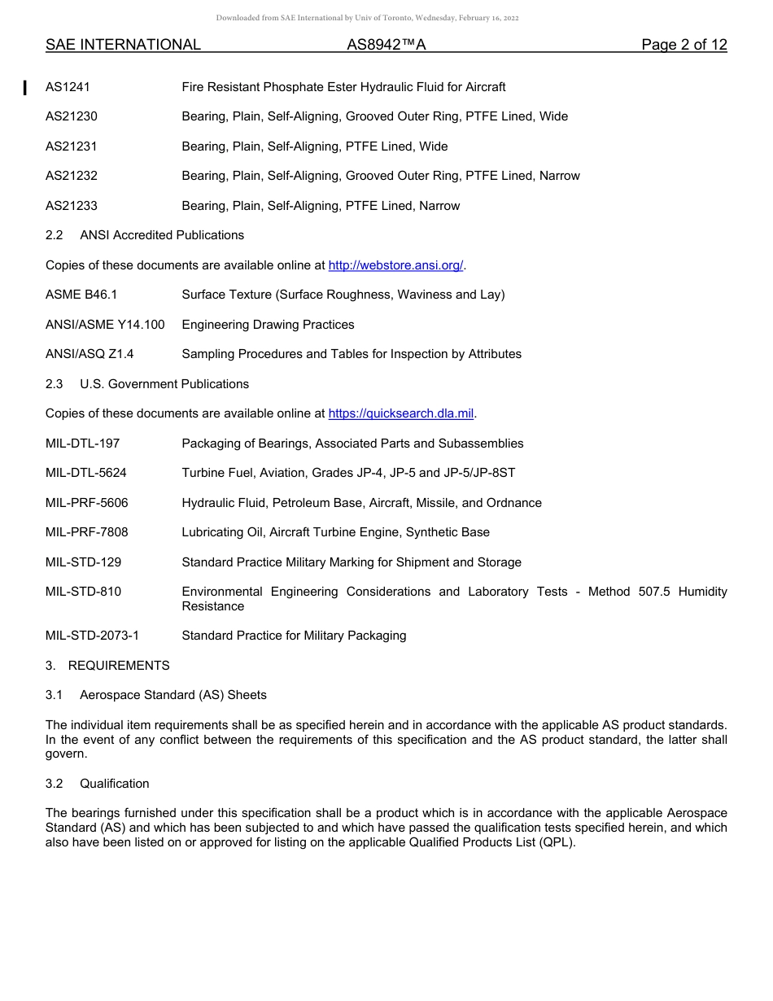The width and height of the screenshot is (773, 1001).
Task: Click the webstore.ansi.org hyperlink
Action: (395, 265)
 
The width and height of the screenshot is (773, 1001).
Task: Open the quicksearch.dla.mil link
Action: (400, 414)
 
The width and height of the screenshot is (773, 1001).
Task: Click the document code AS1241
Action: (68, 87)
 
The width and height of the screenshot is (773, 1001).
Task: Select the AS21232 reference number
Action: (72, 176)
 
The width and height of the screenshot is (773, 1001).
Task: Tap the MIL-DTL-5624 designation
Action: (86, 473)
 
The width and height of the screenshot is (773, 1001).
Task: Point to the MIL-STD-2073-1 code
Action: (92, 636)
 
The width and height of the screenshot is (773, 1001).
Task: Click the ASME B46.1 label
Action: (81, 295)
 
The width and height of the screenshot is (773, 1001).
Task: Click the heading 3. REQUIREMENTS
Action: (107, 666)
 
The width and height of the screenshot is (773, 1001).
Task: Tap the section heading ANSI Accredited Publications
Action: (162, 235)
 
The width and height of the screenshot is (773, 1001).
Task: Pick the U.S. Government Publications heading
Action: (164, 384)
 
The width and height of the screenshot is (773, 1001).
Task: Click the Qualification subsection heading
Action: (115, 784)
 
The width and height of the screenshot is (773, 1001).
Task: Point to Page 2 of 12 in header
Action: (683, 46)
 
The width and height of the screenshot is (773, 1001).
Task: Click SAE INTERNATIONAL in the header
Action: (123, 46)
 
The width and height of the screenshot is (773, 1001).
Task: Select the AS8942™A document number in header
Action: (386, 46)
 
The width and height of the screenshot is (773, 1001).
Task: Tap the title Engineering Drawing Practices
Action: (268, 325)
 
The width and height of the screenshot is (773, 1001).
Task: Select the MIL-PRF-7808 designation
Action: (87, 532)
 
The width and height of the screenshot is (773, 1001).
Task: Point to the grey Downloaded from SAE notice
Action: (367, 18)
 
